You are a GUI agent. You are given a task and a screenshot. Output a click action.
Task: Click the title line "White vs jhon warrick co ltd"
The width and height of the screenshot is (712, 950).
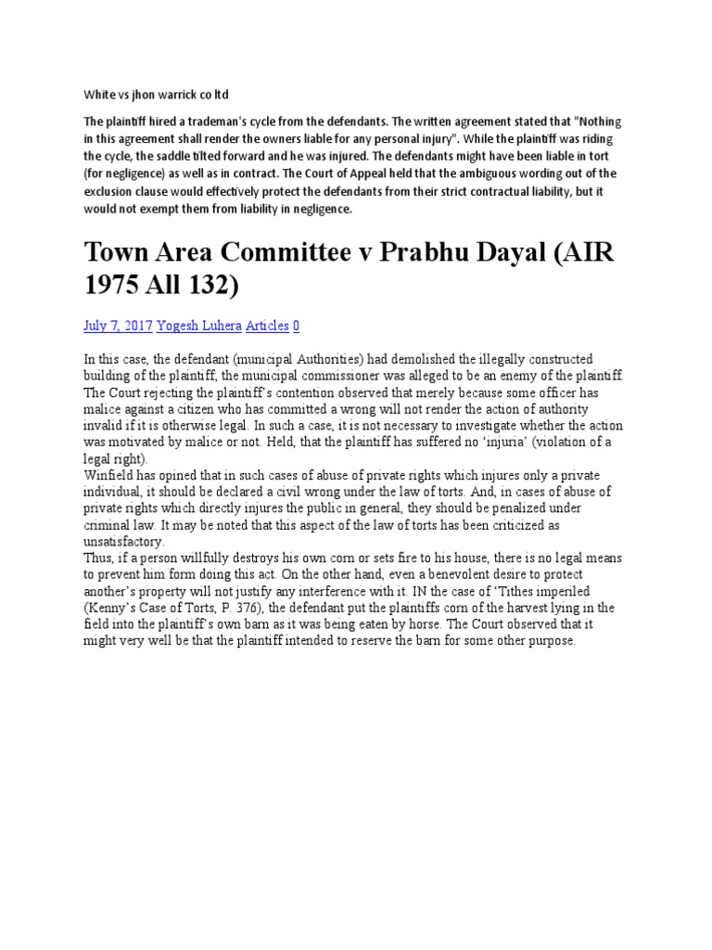[x=156, y=95]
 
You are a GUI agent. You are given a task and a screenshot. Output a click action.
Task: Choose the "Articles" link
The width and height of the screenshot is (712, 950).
[x=268, y=326]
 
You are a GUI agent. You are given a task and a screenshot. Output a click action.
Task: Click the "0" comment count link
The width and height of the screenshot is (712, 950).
[x=296, y=326]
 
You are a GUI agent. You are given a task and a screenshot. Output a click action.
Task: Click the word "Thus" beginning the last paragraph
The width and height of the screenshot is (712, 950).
[x=98, y=559]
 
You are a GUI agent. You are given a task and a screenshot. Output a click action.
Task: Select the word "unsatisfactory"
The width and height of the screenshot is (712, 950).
[x=124, y=542]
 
